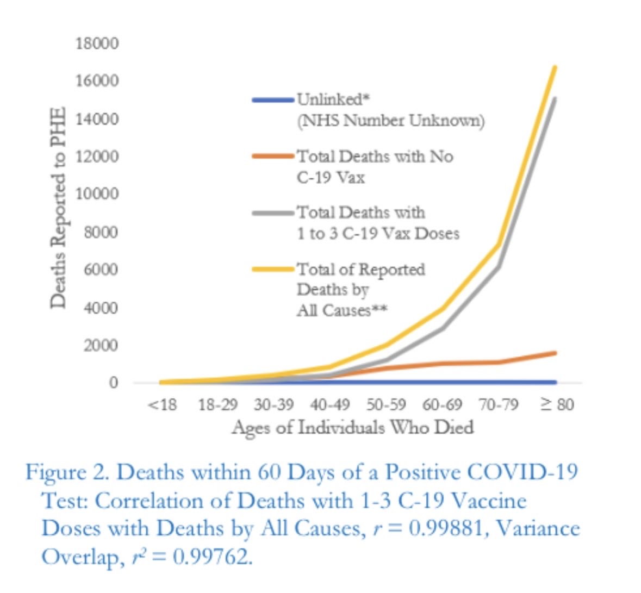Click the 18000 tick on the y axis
[97, 43]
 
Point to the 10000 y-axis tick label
[97, 194]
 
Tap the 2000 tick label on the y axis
[100, 345]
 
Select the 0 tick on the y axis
[113, 383]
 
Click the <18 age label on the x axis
[162, 405]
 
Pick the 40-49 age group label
[330, 405]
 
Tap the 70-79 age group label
[499, 405]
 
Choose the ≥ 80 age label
[557, 405]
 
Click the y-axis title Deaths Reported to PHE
[58, 208]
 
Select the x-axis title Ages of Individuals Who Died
[353, 428]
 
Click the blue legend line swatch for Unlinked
[273, 100]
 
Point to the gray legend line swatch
[273, 213]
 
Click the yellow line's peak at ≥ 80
[555, 67]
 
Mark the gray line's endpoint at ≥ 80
[555, 98]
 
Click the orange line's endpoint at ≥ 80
[555, 353]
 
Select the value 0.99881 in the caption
[438, 528]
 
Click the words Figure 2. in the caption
[67, 472]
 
